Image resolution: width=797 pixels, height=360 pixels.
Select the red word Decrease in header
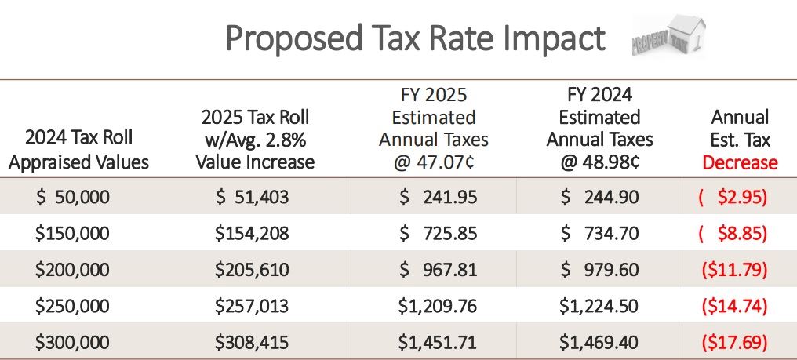pos(740,163)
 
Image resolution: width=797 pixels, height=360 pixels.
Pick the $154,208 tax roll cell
pos(252,234)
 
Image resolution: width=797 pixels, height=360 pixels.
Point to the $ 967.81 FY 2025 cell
pos(438,270)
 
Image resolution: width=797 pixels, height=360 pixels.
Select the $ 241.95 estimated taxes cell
pos(438,197)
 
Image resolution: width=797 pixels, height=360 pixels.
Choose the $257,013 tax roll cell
pos(252,307)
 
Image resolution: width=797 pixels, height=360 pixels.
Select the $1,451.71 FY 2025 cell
pos(438,343)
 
